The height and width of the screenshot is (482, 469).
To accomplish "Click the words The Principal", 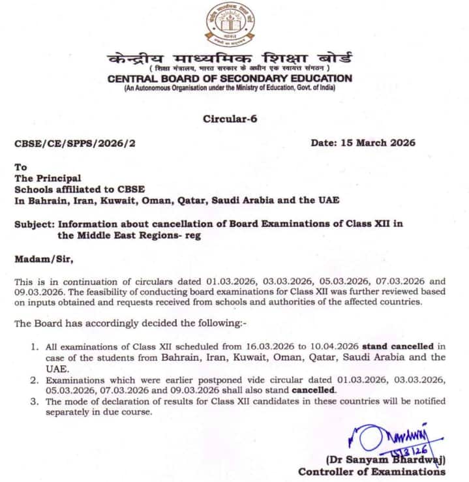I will (x=48, y=177).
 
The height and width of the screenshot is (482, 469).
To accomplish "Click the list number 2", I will (x=35, y=380).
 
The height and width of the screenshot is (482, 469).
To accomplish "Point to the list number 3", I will (x=35, y=402).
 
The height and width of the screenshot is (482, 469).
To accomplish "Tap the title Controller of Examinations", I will (x=372, y=472).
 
